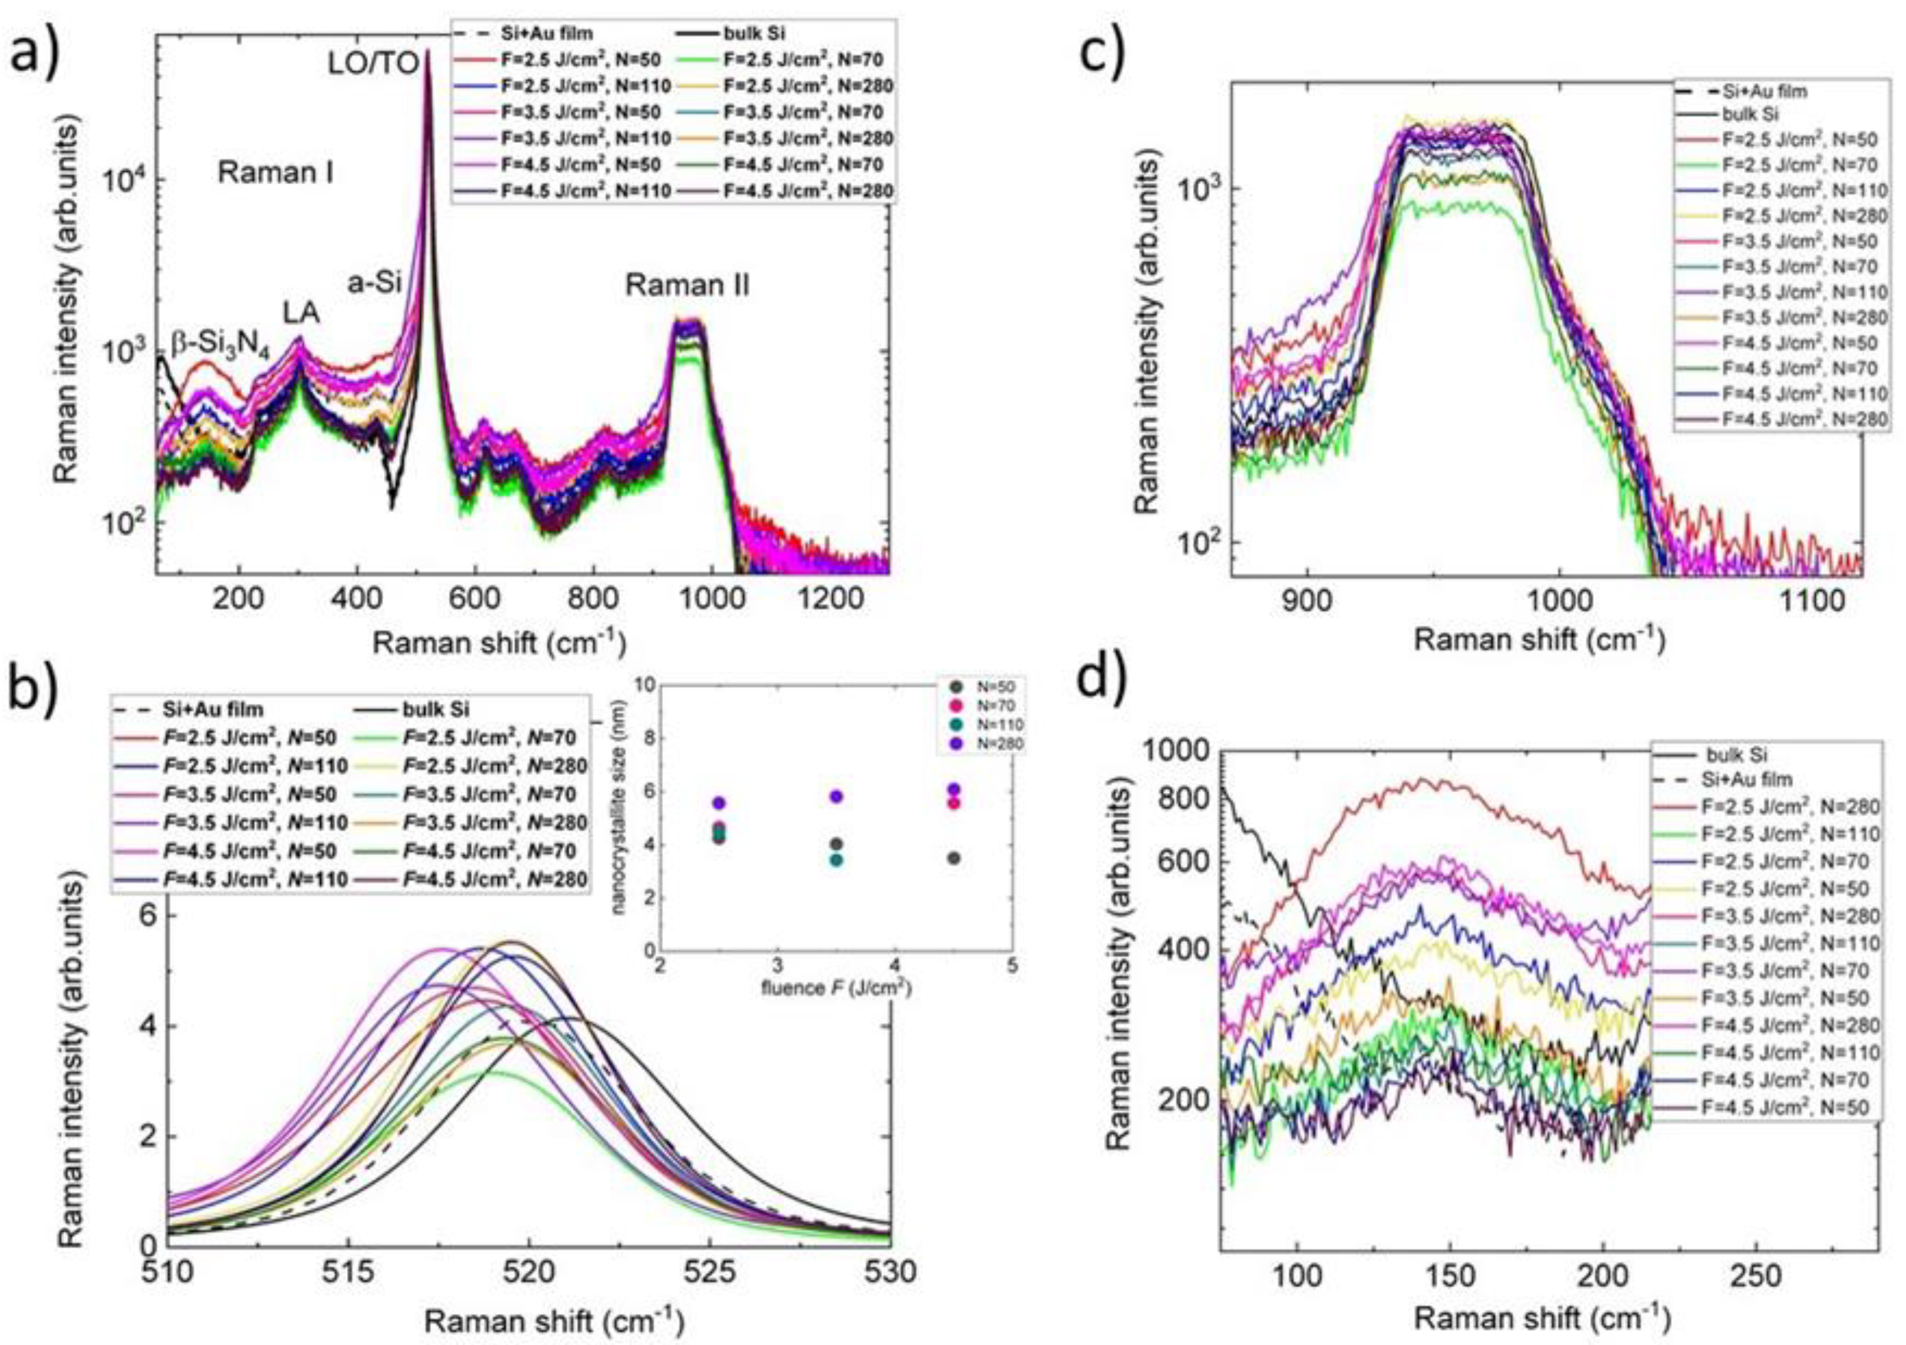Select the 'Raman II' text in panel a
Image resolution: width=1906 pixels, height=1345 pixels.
click(687, 286)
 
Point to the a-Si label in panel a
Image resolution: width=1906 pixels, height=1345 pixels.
click(374, 283)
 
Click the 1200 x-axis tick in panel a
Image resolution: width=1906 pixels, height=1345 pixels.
click(828, 600)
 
